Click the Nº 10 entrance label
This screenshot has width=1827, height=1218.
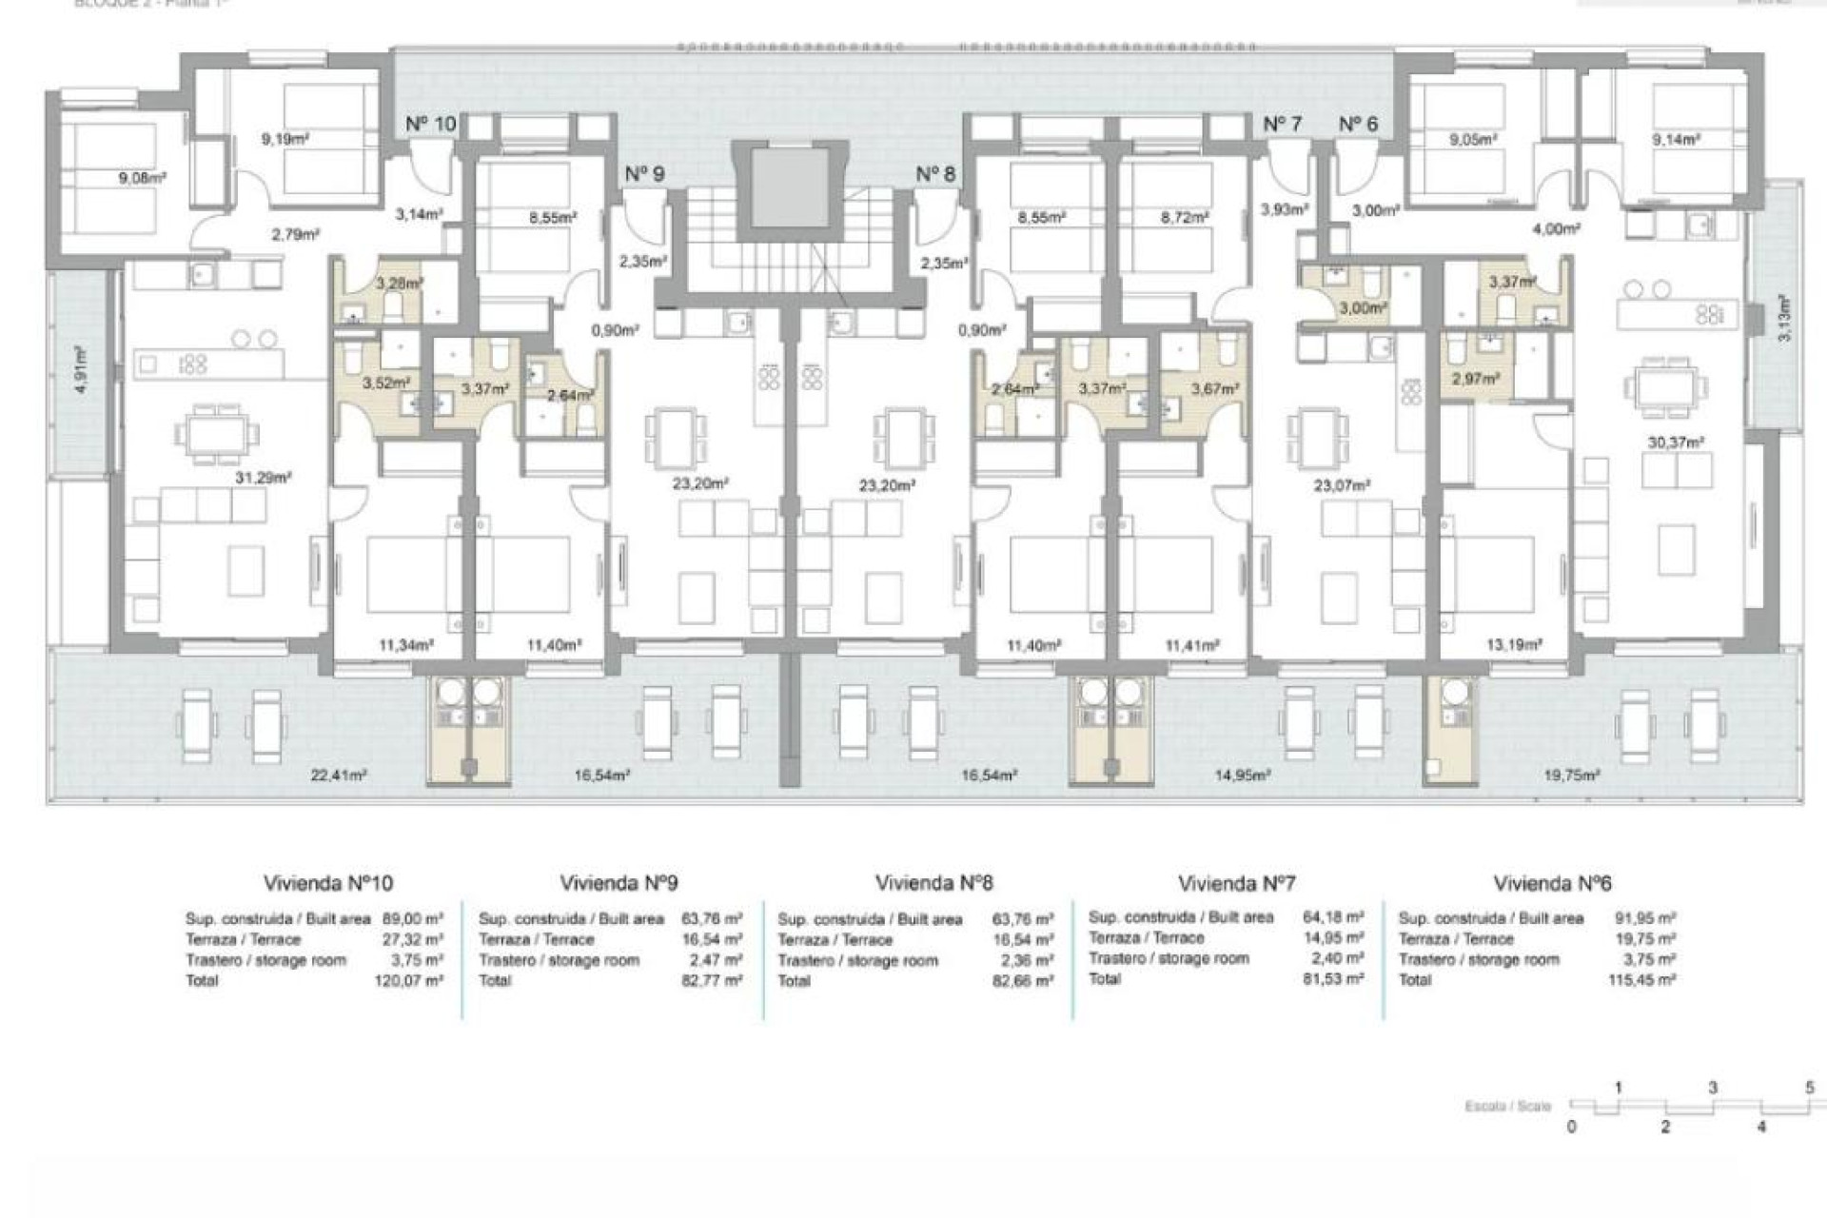430,124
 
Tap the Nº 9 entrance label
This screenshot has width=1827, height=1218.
644,174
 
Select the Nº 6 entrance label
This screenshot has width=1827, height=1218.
1358,124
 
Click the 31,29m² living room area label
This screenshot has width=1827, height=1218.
263,478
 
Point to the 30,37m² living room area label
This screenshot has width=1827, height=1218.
1676,442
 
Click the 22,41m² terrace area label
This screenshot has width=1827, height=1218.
339,776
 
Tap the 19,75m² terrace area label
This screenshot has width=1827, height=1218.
1571,776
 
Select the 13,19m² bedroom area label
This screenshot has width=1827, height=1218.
1513,645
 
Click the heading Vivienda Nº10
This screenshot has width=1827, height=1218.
328,883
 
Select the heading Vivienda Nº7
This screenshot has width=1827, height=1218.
1236,883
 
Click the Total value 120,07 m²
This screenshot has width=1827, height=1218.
409,980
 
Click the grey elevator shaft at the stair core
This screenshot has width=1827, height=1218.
786,187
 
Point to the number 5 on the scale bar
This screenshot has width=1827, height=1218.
1809,1087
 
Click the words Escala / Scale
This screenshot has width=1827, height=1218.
1508,1106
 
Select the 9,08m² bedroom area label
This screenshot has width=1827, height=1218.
143,177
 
